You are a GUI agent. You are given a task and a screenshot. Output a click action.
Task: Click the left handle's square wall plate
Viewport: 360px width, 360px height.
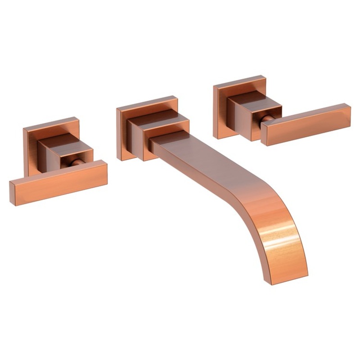31,148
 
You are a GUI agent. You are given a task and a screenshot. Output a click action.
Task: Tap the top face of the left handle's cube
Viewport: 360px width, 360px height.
58,140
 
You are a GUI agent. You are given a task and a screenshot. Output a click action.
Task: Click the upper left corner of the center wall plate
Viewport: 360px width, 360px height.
117,109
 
